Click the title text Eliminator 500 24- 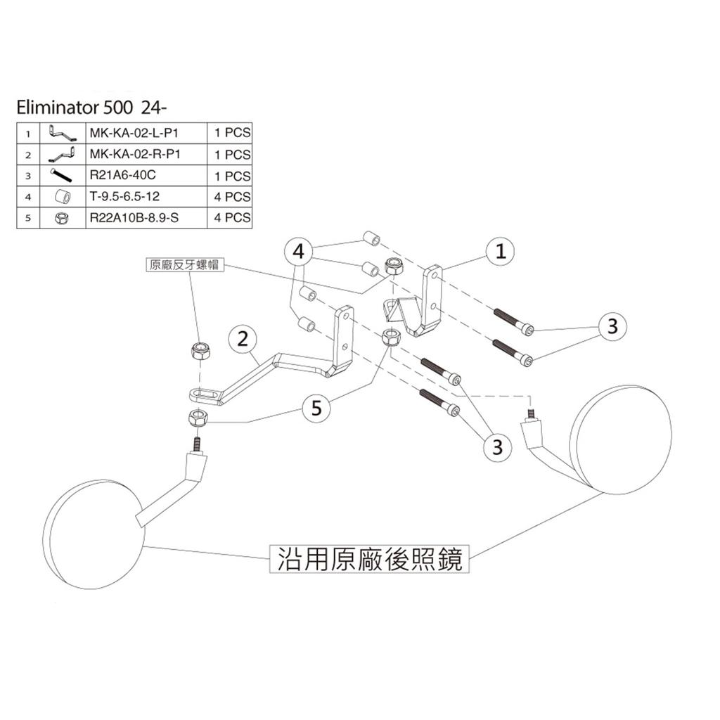tap(94, 108)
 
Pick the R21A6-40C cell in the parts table tap(119, 176)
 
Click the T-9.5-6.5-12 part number tap(124, 197)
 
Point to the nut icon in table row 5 tap(62, 219)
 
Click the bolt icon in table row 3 tap(62, 175)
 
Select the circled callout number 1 tap(500, 252)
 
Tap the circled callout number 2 tap(243, 339)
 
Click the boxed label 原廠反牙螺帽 tap(183, 265)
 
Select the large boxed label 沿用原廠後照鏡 tap(368, 560)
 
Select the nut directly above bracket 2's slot tap(200, 349)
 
